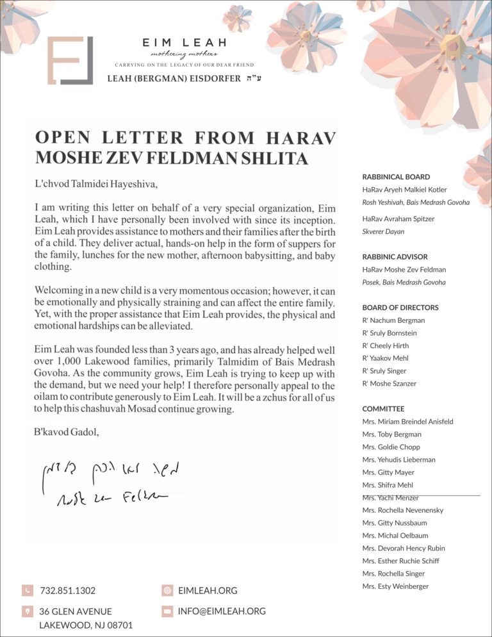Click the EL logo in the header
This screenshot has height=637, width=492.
(x=70, y=61)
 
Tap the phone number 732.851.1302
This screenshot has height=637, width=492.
(x=67, y=590)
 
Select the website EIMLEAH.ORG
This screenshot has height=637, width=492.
(x=208, y=590)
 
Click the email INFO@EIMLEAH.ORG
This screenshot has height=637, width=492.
(x=222, y=611)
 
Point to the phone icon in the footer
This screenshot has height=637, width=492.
(x=27, y=590)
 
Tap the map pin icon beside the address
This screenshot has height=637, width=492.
(x=27, y=611)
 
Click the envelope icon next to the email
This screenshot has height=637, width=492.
(x=167, y=611)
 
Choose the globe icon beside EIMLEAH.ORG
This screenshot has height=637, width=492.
(x=167, y=590)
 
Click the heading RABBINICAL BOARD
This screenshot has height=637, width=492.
(x=396, y=177)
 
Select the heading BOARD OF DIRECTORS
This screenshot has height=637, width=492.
(x=400, y=308)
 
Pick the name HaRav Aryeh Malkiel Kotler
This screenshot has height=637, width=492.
(x=404, y=190)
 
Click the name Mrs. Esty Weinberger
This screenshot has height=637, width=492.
(x=395, y=586)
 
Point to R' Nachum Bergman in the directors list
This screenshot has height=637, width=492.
(x=393, y=320)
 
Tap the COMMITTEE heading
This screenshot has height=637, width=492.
(x=383, y=409)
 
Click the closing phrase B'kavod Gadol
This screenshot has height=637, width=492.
(x=67, y=432)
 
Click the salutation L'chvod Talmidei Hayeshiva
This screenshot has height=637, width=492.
(x=95, y=184)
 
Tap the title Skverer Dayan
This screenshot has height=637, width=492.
(x=383, y=231)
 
